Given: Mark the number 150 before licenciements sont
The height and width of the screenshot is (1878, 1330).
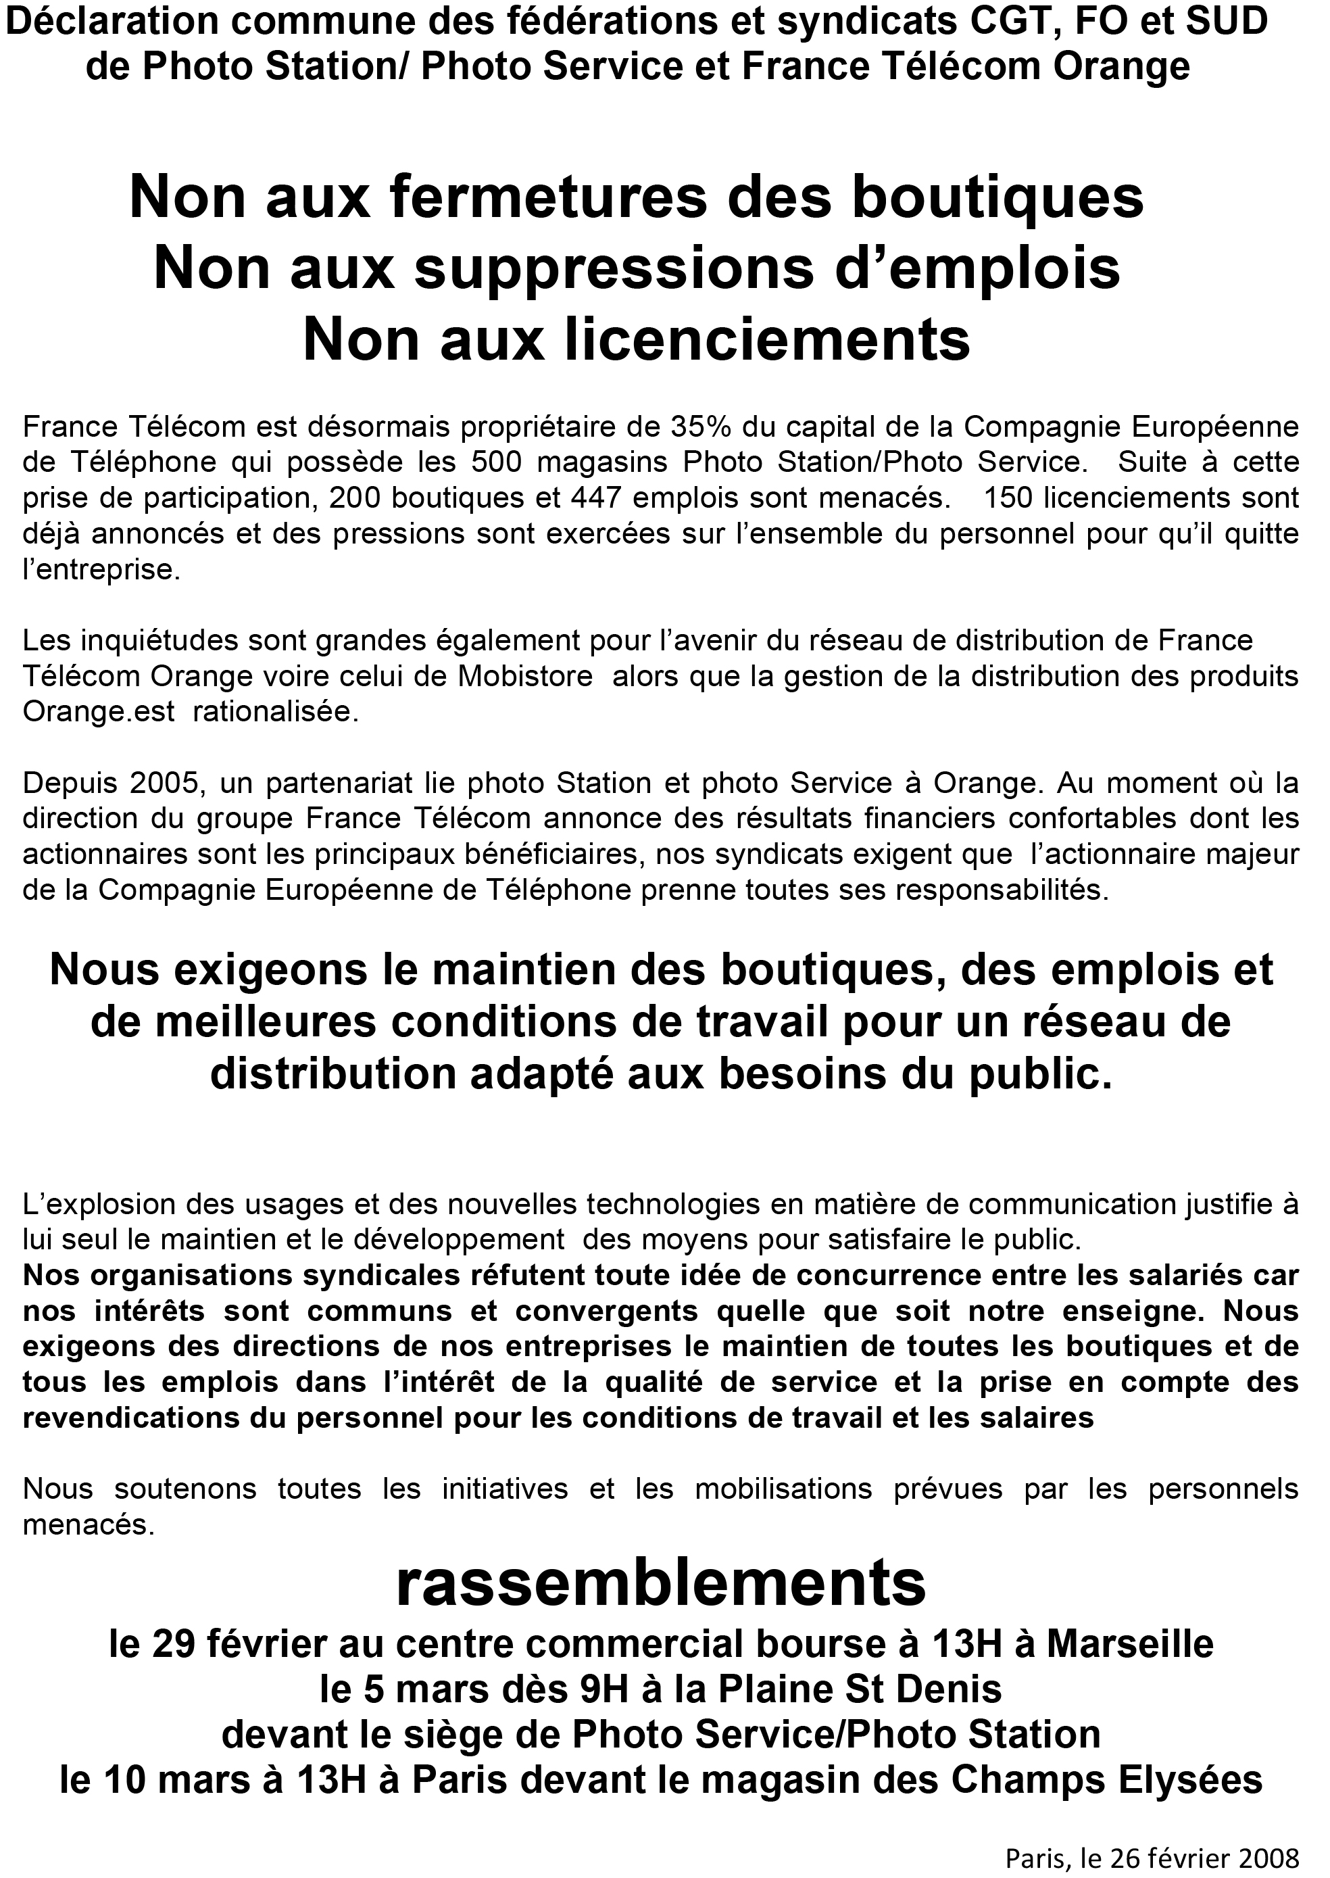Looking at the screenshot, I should tap(1010, 498).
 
